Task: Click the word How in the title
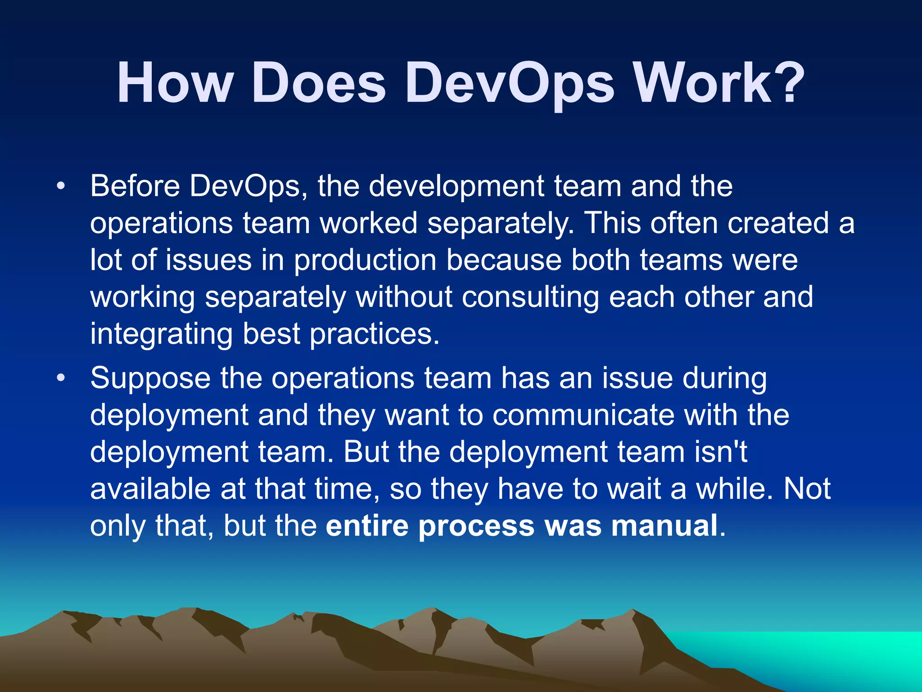[175, 84]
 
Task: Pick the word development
[456, 187]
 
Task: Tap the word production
[365, 261]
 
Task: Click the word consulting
[530, 298]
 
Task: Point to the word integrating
[161, 335]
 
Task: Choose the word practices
[374, 335]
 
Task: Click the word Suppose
[150, 378]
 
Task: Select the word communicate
[583, 415]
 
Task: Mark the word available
[150, 489]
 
